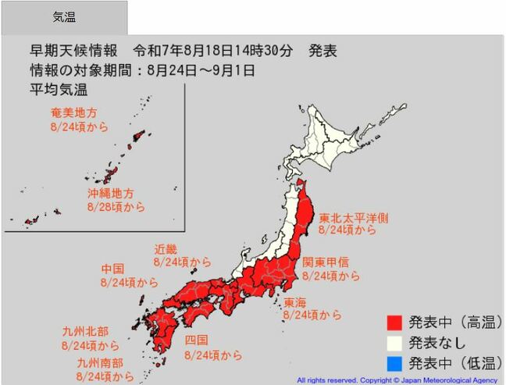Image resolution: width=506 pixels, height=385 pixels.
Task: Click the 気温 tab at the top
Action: (x=64, y=17)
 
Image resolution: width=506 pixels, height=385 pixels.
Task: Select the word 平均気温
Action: (x=53, y=87)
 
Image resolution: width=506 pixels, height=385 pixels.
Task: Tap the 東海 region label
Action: (x=294, y=302)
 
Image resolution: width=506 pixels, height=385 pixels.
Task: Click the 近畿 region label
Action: (x=166, y=249)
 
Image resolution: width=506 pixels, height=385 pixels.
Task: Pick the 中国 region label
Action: (x=113, y=269)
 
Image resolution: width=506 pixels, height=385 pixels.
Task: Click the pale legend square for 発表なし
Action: (x=394, y=342)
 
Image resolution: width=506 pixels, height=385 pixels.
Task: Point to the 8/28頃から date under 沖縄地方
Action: (x=116, y=207)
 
